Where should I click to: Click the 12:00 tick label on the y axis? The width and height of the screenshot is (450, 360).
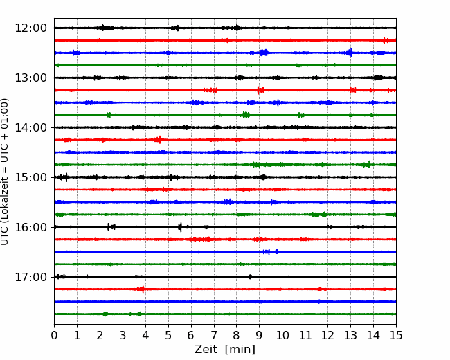[x=30, y=28]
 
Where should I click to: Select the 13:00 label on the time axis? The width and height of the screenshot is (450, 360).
[x=30, y=78]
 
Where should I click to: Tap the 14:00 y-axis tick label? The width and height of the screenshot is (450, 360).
[x=30, y=127]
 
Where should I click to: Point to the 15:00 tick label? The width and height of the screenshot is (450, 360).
[x=30, y=177]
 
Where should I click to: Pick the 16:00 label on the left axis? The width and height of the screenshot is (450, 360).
[x=30, y=227]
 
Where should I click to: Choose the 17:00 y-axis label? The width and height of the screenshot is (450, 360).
[x=30, y=277]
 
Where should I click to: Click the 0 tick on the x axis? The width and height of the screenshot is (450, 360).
[x=54, y=335]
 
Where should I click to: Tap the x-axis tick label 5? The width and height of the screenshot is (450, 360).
[x=168, y=335]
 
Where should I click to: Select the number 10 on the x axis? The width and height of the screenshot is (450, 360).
[x=282, y=335]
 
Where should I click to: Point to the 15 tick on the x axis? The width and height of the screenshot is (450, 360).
[x=396, y=335]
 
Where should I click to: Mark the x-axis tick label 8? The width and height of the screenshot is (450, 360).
[x=237, y=335]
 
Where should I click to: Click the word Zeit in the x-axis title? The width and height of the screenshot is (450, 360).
[x=207, y=349]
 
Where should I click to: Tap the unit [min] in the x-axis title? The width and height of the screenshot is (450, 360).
[x=240, y=350]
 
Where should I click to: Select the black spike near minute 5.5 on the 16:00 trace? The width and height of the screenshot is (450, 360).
[x=180, y=227]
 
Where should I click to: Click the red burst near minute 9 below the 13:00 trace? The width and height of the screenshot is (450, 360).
[x=260, y=90]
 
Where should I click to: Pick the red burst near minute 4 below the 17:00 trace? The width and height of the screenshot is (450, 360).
[x=141, y=289]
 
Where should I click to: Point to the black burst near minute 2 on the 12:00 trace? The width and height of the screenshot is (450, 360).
[x=106, y=28]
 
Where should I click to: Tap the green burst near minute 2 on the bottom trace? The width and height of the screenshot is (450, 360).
[x=105, y=314]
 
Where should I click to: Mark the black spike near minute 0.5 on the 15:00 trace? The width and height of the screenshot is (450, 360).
[x=66, y=177]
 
